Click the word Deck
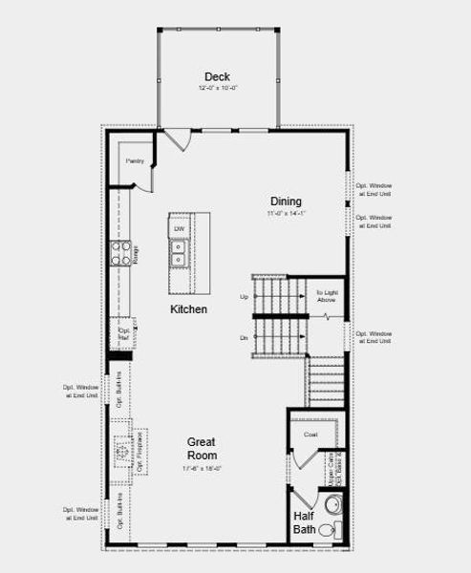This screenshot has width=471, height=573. click(x=217, y=76)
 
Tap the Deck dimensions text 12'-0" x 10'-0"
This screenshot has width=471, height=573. click(x=217, y=88)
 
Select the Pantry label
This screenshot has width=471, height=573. click(x=134, y=161)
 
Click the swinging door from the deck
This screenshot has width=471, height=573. click(x=178, y=141)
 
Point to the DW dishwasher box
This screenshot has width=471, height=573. click(x=180, y=229)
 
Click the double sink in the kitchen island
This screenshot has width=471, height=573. click(x=179, y=252)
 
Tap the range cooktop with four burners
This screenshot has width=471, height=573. click(x=122, y=253)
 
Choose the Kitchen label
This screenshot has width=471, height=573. click(x=189, y=309)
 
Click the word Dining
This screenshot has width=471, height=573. click(x=286, y=202)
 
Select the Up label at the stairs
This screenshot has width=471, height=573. click(x=244, y=297)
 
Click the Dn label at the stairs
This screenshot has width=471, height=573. click(x=244, y=338)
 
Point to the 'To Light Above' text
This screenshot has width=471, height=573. click(x=327, y=296)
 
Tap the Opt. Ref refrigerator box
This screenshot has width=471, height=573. click(x=123, y=333)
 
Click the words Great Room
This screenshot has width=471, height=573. click(x=202, y=449)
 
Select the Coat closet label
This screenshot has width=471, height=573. click(x=310, y=435)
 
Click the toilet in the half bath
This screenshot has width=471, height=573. click(x=329, y=530)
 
